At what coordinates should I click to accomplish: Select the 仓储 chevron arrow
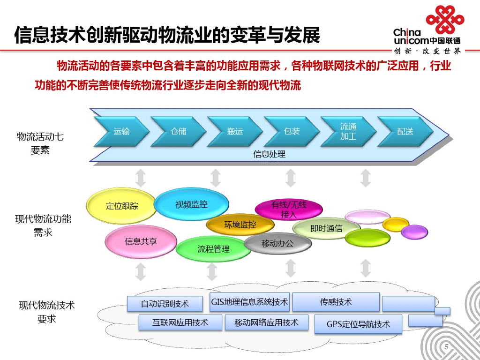tap(179, 132)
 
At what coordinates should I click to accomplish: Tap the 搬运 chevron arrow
tap(235, 132)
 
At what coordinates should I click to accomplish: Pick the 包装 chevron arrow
tap(292, 132)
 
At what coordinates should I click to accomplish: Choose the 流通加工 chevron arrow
tap(348, 132)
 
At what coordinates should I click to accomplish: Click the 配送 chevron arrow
tap(405, 132)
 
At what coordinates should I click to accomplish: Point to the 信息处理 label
tap(270, 154)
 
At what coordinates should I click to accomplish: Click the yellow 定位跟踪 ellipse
tap(121, 206)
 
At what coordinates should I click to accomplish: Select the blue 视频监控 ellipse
tap(191, 204)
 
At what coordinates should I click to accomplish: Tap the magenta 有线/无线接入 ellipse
tap(289, 210)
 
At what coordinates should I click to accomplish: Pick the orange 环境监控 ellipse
tap(240, 225)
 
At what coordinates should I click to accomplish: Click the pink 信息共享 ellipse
tap(141, 242)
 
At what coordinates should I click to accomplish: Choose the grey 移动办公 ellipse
tap(277, 243)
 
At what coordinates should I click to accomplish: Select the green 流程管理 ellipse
tap(213, 249)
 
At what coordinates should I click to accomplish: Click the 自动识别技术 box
tap(165, 304)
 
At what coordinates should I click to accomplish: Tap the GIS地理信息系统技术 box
tap(249, 302)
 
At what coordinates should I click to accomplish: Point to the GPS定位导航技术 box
tap(358, 324)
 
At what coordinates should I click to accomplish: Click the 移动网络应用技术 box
tap(266, 322)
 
